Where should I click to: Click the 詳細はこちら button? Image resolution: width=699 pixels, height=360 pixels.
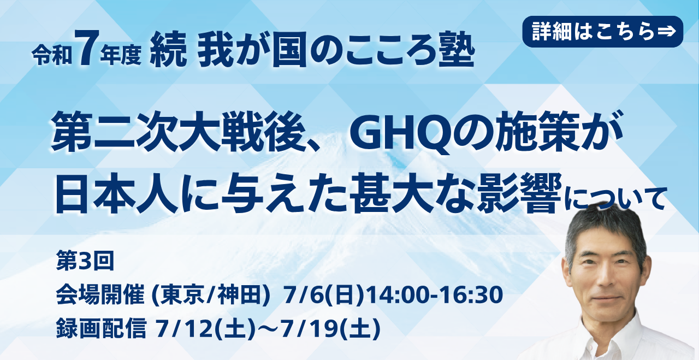pyautogui.click(x=602, y=32)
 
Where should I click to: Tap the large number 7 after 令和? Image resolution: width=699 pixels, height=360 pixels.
pyautogui.click(x=88, y=48)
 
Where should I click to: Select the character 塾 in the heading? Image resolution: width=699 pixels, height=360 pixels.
pyautogui.click(x=456, y=49)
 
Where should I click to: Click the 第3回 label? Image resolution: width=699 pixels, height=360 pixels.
pyautogui.click(x=85, y=261)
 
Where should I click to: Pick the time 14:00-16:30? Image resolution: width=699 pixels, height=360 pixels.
pyautogui.click(x=435, y=295)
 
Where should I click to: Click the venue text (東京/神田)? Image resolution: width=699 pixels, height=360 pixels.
pyautogui.click(x=210, y=296)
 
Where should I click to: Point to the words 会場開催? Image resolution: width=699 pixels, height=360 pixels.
pyautogui.click(x=100, y=295)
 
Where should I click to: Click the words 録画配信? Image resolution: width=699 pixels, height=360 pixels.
pyautogui.click(x=101, y=329)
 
